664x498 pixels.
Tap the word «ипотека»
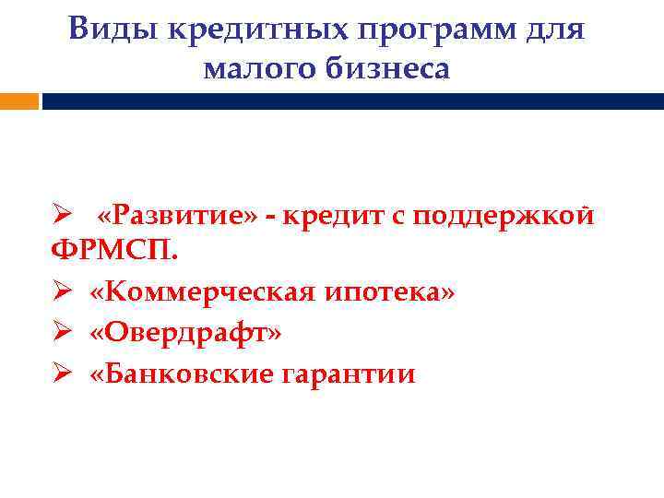pyautogui.click(x=385, y=292)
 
